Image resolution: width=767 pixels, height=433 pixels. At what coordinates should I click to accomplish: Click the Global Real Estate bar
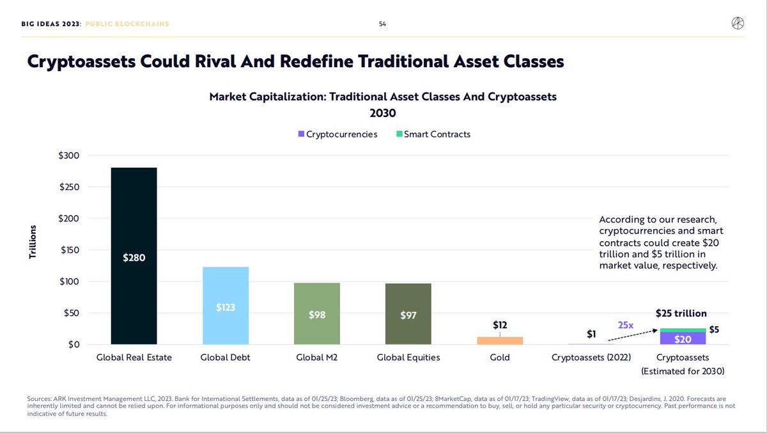[x=134, y=256]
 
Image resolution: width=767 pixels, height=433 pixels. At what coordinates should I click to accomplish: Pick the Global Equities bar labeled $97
[x=408, y=314]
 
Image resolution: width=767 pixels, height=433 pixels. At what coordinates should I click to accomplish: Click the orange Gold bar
[x=500, y=340]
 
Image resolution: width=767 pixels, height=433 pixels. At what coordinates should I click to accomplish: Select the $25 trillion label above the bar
[x=681, y=313]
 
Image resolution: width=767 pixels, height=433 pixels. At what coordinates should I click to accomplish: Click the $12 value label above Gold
[x=500, y=325]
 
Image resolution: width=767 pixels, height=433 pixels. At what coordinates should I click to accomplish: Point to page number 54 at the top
[x=382, y=24]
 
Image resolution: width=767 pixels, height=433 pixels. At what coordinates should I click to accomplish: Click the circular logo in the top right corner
[x=738, y=24]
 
